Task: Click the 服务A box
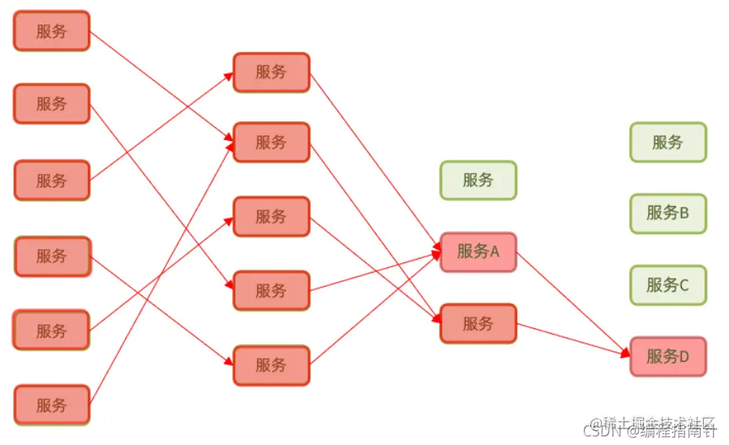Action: tap(478, 251)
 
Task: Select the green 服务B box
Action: tap(668, 213)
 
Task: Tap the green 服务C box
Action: tap(668, 285)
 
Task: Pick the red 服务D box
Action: tap(668, 356)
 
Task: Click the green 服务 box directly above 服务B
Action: tap(668, 143)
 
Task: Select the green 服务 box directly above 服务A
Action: tap(478, 180)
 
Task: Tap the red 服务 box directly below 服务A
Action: tap(478, 324)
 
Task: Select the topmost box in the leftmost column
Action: tap(52, 31)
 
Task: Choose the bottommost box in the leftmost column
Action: tap(52, 405)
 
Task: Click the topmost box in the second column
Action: tap(271, 72)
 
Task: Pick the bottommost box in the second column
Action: tap(271, 365)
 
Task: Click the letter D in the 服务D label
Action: tap(684, 357)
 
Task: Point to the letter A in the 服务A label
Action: tap(494, 251)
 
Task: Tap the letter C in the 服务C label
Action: tap(684, 285)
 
